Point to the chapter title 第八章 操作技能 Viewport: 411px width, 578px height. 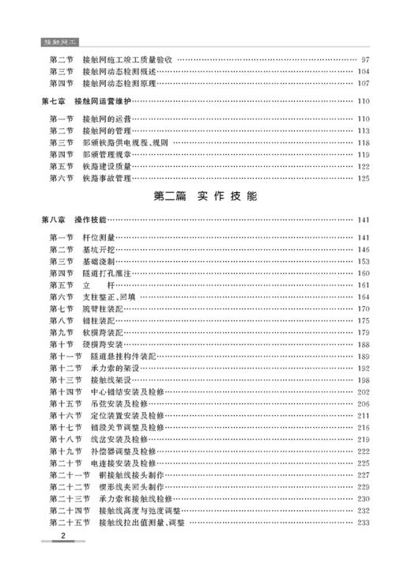pyautogui.click(x=74, y=220)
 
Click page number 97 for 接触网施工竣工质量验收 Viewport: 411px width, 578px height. pyautogui.click(x=364, y=59)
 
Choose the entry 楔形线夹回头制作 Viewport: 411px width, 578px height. pyautogui.click(x=137, y=486)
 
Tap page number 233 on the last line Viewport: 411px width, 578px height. pyautogui.click(x=363, y=522)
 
